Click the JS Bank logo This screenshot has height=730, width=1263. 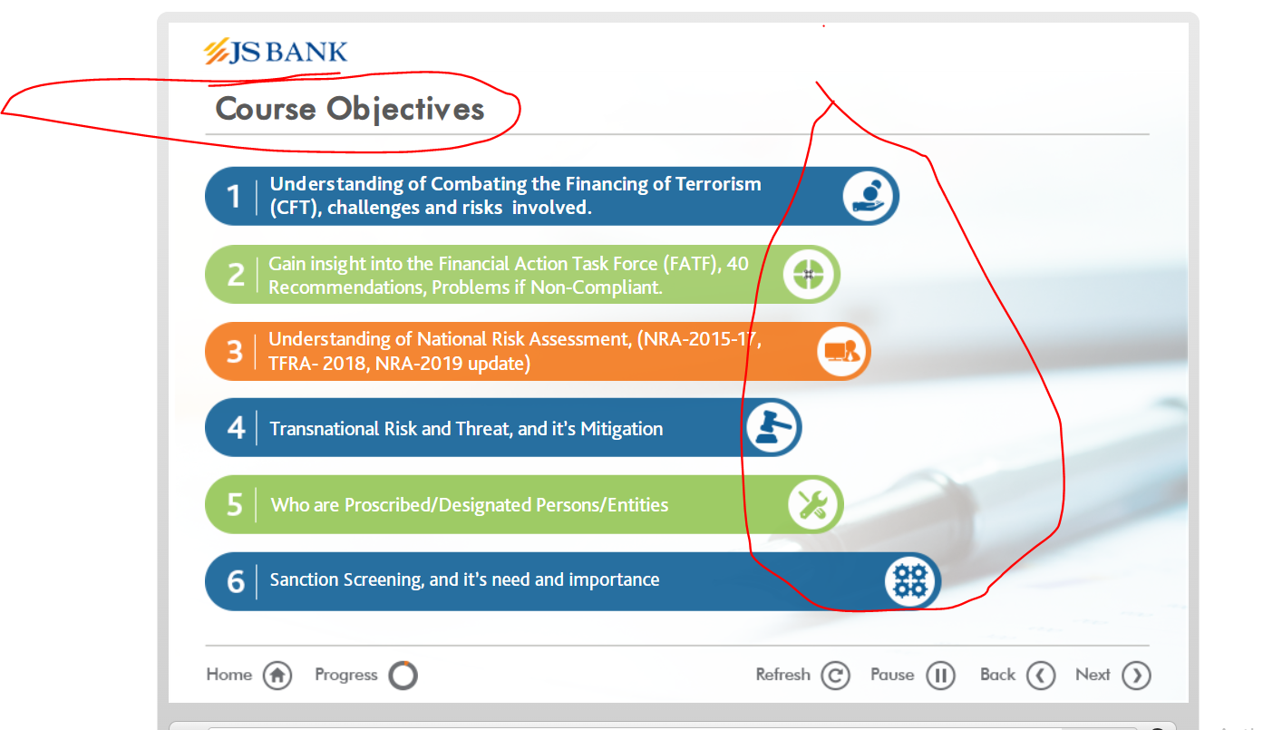[276, 52]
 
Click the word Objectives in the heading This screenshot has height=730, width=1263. [405, 109]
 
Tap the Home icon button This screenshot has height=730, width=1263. [277, 676]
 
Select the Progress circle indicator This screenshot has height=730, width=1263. [403, 676]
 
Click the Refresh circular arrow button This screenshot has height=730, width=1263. [835, 676]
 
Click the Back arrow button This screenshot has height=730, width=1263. [1041, 676]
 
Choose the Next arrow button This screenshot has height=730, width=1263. [1136, 676]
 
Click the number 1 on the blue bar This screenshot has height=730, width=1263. [233, 197]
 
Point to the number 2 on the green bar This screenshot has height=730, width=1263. [237, 276]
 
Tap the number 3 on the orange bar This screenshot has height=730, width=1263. [235, 352]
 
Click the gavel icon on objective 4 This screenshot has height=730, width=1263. [772, 427]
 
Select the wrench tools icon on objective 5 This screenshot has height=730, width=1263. [812, 504]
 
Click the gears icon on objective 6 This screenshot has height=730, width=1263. [909, 581]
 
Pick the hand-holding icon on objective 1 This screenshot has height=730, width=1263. [869, 196]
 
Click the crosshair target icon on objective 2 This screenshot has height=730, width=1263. [809, 275]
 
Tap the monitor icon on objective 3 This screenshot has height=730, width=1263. [841, 351]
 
